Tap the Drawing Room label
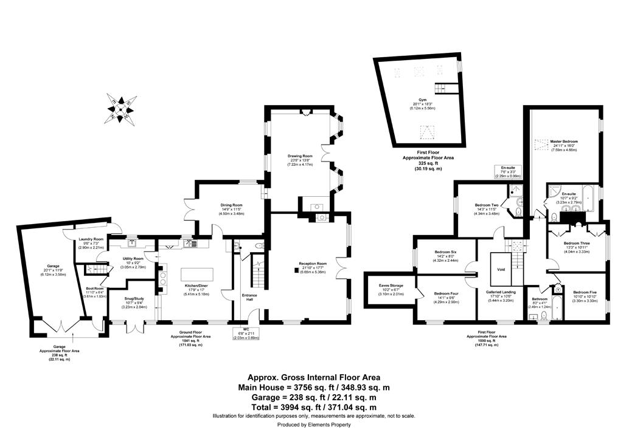(300, 156)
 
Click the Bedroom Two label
(487, 205)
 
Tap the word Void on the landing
(501, 269)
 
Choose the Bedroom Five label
(585, 292)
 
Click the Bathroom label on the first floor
(540, 298)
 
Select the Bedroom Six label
(445, 251)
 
